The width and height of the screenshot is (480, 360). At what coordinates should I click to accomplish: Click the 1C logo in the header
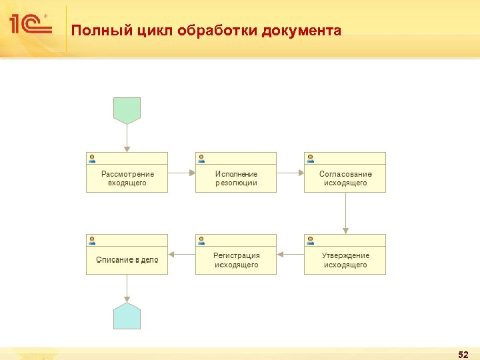coord(29,25)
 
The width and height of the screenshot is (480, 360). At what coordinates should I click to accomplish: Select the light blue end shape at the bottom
coord(127,315)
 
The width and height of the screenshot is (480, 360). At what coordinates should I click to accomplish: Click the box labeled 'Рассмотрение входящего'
coord(127,178)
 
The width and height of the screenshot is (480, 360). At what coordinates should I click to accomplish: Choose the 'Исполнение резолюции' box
coord(236,178)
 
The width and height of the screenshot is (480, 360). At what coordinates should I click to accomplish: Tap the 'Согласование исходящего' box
coord(345,178)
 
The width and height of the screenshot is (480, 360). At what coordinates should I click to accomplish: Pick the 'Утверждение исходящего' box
coord(345,260)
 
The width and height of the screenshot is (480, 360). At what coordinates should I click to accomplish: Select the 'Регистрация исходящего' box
coord(236,260)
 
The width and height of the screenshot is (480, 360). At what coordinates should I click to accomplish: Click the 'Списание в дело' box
coord(127,259)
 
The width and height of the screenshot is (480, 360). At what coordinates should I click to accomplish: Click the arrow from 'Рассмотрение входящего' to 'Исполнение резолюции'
coord(181,173)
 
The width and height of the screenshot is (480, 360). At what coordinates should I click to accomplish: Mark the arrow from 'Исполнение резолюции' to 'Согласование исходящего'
coord(290,173)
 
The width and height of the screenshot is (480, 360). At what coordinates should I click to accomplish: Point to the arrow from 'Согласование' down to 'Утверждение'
coord(345,213)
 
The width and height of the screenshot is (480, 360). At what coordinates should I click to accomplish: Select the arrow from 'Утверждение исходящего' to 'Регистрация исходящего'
coord(290,254)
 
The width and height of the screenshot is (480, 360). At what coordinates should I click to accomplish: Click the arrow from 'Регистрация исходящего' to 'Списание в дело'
coord(181,254)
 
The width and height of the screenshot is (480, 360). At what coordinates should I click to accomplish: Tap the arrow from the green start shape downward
coord(127,138)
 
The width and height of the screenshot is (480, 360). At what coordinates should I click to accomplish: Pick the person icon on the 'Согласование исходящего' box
coord(310,158)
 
